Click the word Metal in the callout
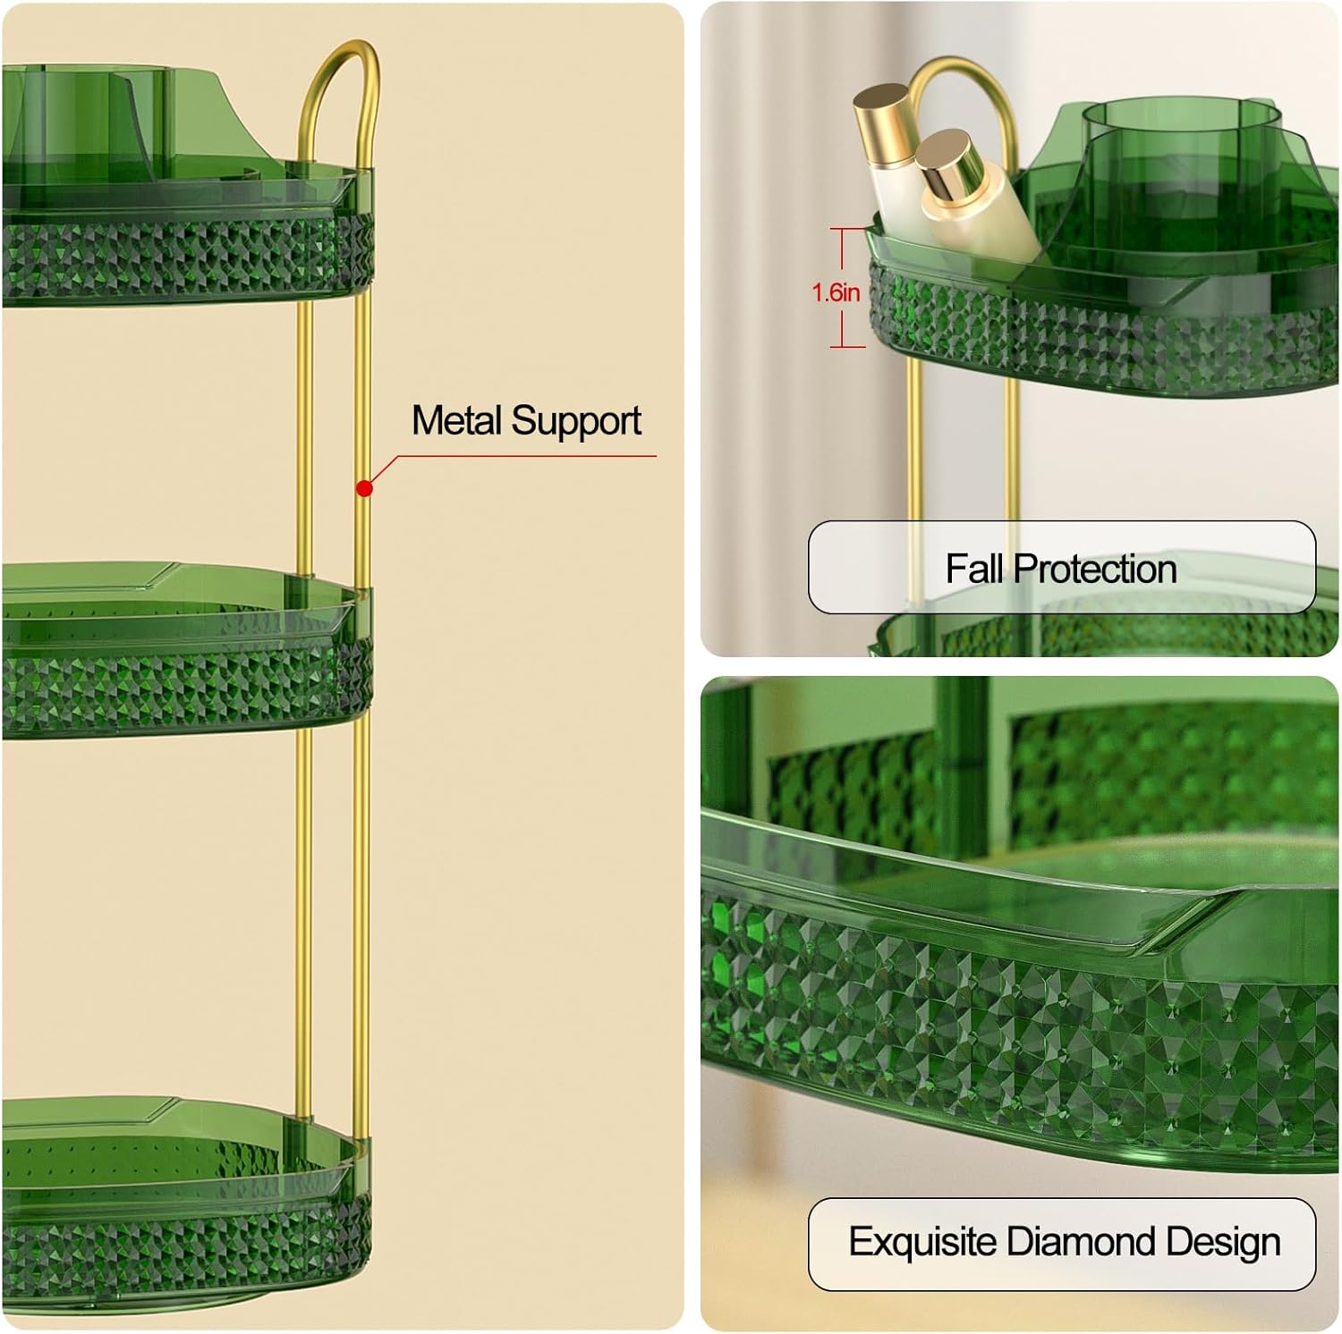point(457,420)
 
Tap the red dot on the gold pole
point(364,488)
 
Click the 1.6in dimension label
point(836,292)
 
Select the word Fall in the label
point(975,569)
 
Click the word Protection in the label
point(1095,569)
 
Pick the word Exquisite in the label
point(922,1242)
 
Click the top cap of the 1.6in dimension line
point(846,230)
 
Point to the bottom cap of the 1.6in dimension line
point(846,346)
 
